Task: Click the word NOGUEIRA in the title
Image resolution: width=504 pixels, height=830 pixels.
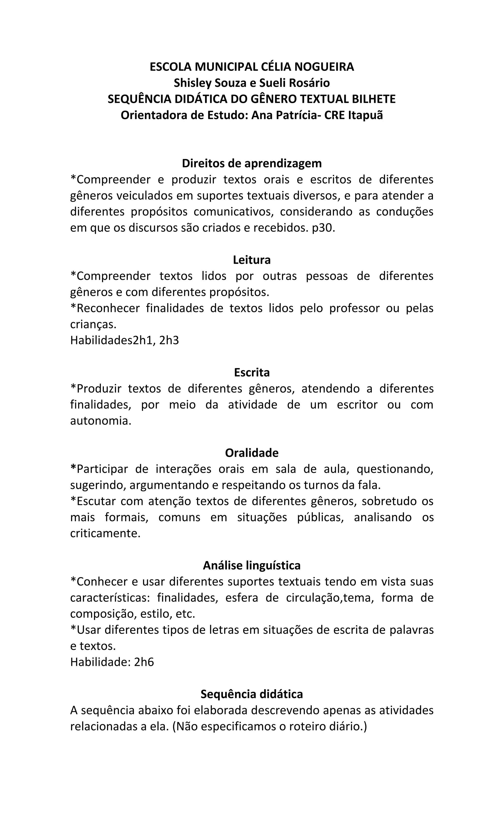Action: click(324, 67)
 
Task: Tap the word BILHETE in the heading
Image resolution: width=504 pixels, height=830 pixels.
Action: click(374, 99)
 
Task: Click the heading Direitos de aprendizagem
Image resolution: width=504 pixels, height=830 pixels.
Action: click(252, 163)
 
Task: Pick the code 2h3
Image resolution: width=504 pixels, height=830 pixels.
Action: click(169, 341)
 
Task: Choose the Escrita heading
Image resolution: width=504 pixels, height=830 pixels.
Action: click(252, 373)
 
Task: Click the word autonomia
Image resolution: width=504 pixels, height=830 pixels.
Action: click(100, 421)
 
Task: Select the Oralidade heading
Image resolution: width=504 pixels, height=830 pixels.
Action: click(252, 453)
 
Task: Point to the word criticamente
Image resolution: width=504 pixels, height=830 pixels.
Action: click(105, 533)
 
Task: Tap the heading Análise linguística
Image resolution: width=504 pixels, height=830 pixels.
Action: click(252, 565)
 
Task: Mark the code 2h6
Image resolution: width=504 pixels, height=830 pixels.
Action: click(144, 662)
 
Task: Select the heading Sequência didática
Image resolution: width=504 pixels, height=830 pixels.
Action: click(252, 694)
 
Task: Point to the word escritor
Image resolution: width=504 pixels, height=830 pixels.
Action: click(357, 405)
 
